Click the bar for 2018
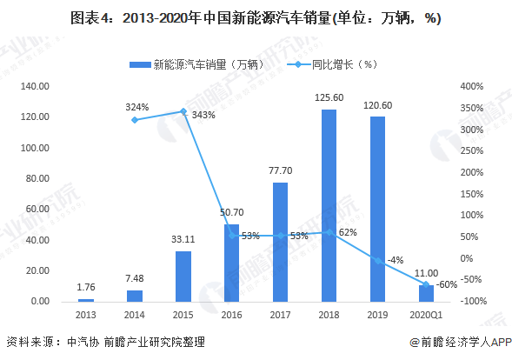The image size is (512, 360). point(329,205)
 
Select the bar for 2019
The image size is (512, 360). point(377,209)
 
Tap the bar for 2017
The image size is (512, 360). point(280,242)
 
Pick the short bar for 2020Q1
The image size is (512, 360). point(426,293)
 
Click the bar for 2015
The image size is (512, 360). point(183,276)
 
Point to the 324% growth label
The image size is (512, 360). point(137,107)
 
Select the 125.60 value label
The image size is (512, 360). point(329,98)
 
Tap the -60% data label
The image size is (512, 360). point(446,285)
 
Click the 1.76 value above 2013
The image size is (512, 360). point(85,288)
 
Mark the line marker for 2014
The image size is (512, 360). point(134,120)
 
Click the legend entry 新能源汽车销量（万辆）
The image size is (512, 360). point(196,64)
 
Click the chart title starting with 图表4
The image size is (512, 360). point(256,19)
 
